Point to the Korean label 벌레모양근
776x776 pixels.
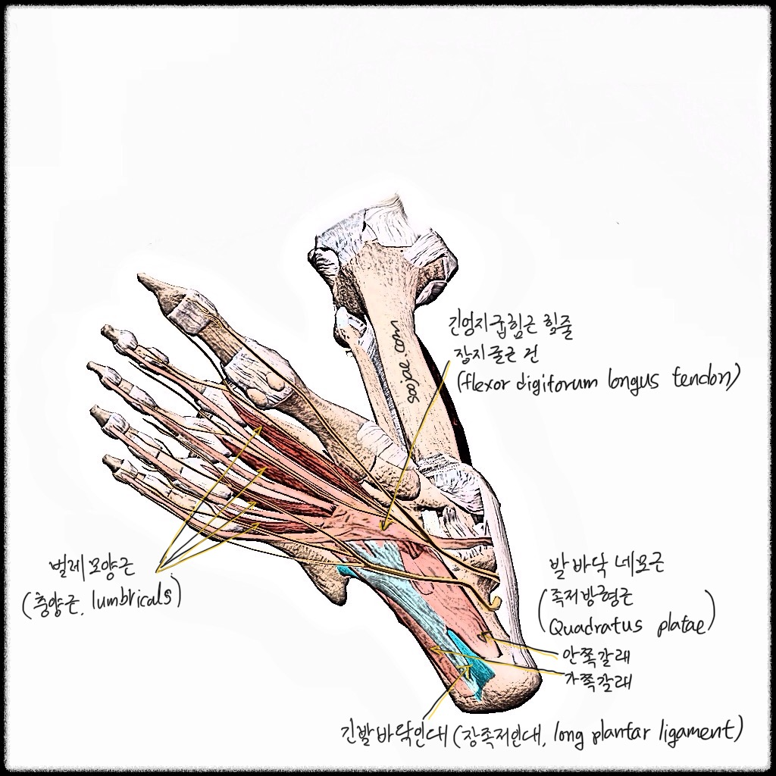[x=92, y=567]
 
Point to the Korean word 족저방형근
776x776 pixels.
[x=587, y=599]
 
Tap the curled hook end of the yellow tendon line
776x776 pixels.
[x=494, y=602]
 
